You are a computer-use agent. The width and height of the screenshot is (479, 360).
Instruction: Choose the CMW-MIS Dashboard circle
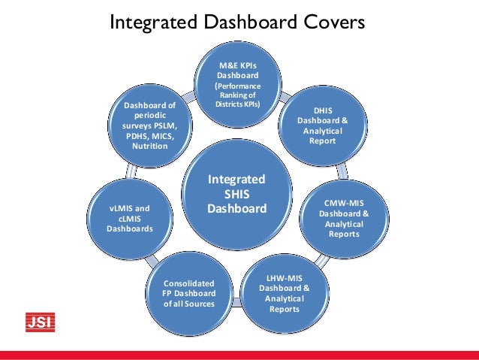343,218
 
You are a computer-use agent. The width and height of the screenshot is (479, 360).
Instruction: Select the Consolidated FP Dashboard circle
189,293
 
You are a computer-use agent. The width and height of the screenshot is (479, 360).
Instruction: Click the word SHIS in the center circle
237,194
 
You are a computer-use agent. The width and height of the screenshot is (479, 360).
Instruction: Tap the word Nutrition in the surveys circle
150,146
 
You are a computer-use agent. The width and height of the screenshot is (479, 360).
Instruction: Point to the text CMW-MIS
345,203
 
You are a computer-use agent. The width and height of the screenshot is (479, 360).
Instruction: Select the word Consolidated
189,283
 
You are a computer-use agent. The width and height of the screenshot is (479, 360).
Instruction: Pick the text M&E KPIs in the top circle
238,65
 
